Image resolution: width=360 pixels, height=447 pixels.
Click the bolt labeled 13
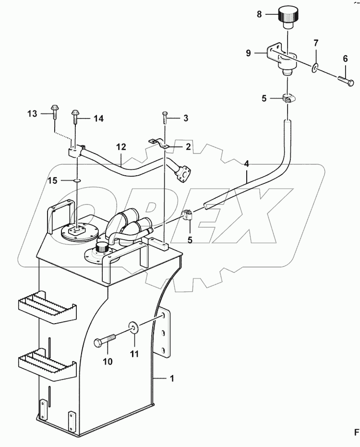[x=53, y=114]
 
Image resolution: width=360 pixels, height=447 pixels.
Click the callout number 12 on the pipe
[x=120, y=146]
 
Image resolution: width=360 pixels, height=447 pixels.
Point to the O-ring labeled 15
[x=76, y=181]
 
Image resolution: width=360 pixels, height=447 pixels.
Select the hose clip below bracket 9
[x=288, y=99]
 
